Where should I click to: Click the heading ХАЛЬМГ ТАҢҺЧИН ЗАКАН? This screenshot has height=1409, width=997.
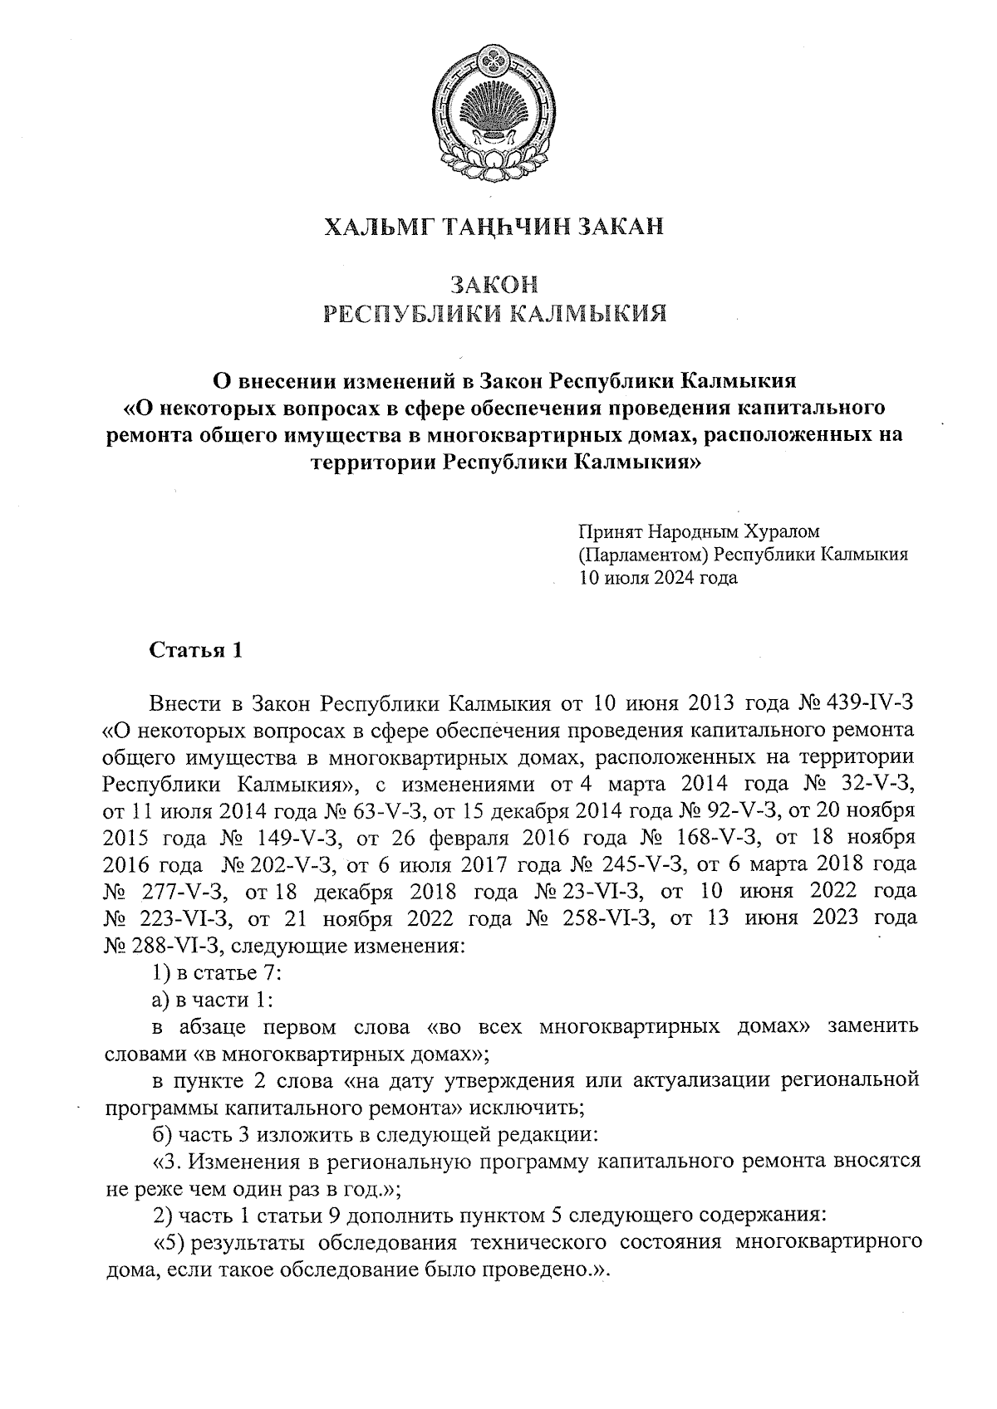point(495,227)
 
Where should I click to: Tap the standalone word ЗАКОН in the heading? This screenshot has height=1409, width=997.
point(495,286)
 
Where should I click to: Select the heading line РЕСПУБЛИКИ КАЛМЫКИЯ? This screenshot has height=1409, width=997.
point(495,315)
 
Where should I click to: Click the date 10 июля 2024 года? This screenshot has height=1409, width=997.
point(658,578)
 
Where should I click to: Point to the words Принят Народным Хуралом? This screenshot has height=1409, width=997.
point(700,530)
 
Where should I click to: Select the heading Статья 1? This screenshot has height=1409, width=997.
point(195,650)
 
